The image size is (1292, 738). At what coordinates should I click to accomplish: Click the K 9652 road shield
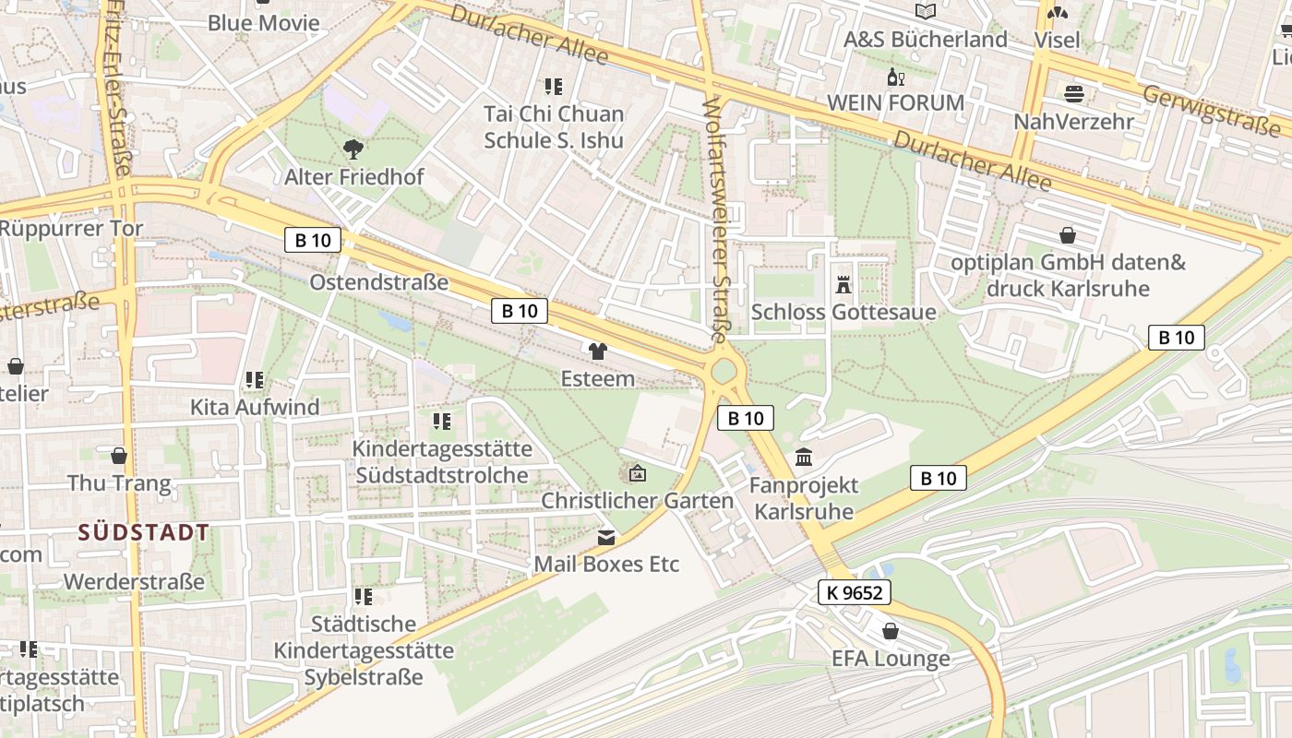(x=854, y=593)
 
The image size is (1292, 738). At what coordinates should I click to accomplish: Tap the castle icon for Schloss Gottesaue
(x=843, y=283)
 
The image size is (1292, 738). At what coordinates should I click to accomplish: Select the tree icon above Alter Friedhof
(x=353, y=148)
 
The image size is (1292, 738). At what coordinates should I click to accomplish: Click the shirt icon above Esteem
(x=597, y=351)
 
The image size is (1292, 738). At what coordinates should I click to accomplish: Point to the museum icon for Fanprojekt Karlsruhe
(x=803, y=457)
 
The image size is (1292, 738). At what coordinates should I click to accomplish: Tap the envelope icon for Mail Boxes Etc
(x=606, y=537)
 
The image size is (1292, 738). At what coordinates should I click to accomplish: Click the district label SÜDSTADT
(x=144, y=532)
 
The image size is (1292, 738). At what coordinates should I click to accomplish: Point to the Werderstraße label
(x=134, y=582)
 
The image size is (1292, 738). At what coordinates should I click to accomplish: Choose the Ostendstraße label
(x=379, y=282)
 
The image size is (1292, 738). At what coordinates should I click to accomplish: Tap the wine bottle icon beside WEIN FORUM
(x=892, y=77)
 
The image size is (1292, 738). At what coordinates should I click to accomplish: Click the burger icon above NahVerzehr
(x=1073, y=93)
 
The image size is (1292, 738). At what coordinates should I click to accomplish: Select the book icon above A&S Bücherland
(x=925, y=12)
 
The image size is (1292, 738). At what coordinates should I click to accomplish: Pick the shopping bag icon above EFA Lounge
(x=890, y=631)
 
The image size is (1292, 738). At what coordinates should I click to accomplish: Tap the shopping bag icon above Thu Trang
(x=119, y=456)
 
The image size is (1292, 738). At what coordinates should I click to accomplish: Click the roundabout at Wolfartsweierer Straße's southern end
(x=724, y=371)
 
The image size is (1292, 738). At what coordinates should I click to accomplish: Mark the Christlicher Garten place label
(x=637, y=501)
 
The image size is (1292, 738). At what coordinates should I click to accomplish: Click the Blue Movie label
(x=263, y=23)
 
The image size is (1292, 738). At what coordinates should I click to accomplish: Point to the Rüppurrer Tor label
(x=72, y=228)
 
